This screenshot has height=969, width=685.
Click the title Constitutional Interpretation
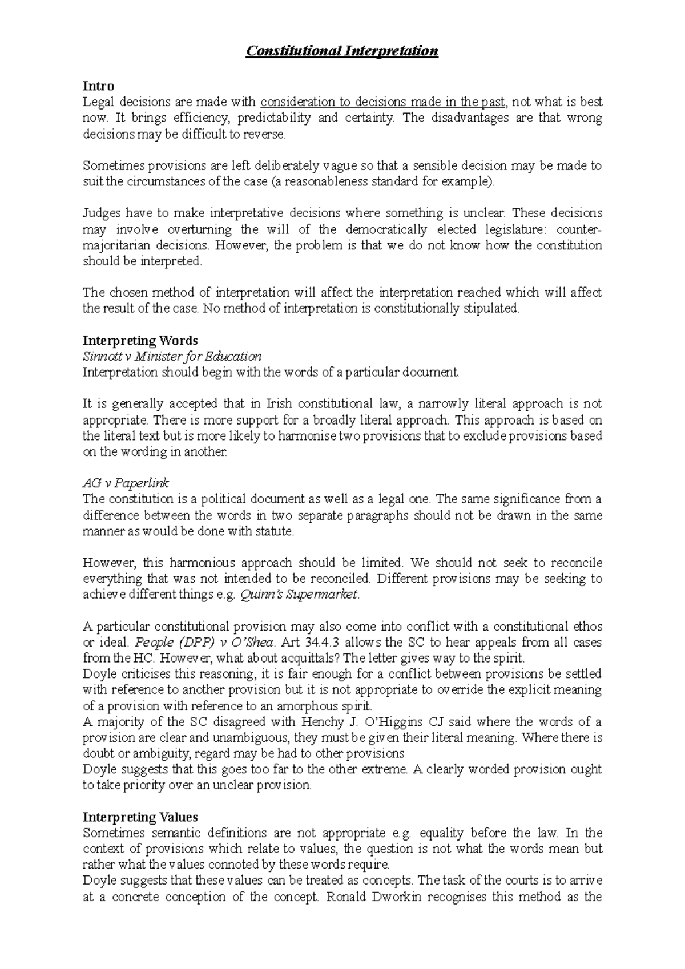[x=342, y=51]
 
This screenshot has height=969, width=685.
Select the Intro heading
[x=98, y=86]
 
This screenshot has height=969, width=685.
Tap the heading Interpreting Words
[x=140, y=341]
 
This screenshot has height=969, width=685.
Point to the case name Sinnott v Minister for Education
[x=172, y=357]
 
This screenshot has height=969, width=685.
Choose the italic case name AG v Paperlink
[x=126, y=483]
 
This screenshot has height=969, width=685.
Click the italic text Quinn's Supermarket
[x=300, y=595]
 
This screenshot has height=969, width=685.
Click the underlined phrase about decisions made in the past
[x=383, y=103]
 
